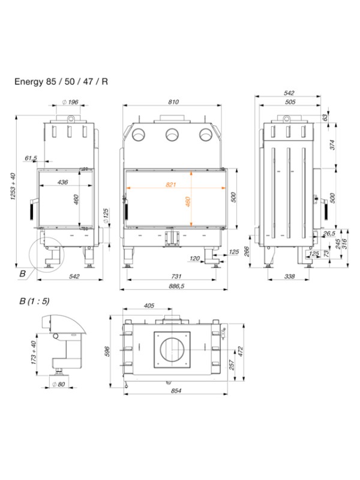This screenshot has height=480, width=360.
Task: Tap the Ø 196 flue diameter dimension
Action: coord(70,103)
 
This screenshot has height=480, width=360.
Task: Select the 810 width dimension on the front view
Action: coord(173,103)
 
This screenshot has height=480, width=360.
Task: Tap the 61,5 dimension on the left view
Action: coord(31,158)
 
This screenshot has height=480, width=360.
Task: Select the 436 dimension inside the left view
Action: coord(62,181)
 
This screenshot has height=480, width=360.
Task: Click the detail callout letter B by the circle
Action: coord(22,274)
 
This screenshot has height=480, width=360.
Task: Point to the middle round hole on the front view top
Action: coord(173,134)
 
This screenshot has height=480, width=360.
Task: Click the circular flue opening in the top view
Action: coord(173,348)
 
